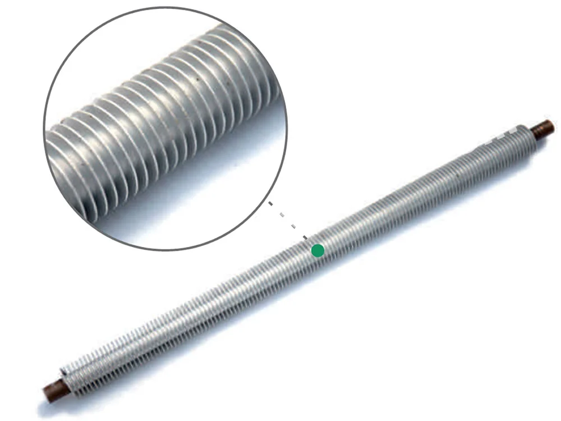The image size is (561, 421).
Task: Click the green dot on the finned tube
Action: (318, 250)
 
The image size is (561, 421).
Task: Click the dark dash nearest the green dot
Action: (305, 237)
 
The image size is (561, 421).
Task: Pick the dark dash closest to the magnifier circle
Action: (270, 204)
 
